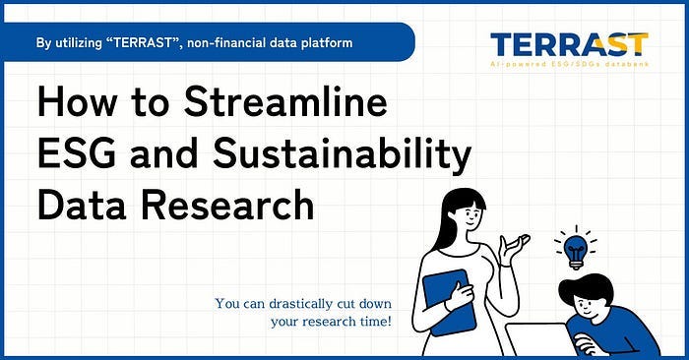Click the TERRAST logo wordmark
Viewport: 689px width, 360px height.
(x=568, y=44)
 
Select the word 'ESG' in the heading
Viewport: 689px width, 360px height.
(x=77, y=156)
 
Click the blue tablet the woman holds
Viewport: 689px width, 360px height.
(x=449, y=299)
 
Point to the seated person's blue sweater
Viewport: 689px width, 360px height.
(x=630, y=330)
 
